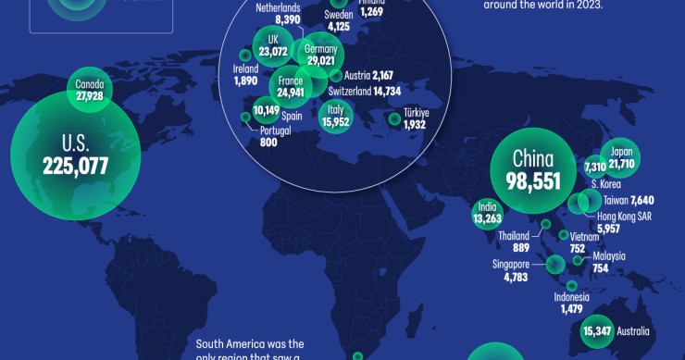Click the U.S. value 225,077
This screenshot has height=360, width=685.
tap(75, 167)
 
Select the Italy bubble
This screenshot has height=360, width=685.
tap(335, 116)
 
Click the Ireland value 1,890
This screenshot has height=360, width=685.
tap(246, 81)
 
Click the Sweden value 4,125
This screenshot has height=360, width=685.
tap(338, 27)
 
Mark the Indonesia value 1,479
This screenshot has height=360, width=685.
tap(571, 310)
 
